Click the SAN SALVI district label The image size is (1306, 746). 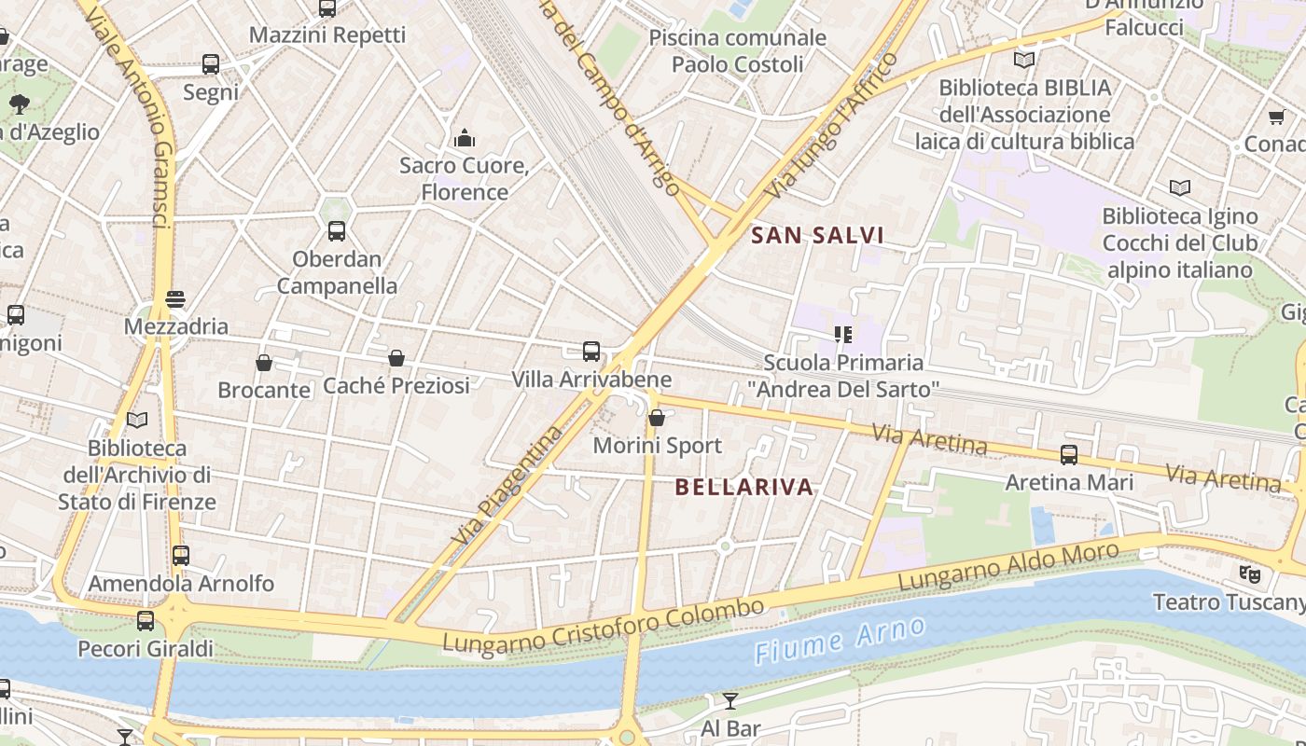(817, 235)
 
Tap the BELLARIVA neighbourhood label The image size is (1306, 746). (743, 487)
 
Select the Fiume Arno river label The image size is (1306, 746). (840, 641)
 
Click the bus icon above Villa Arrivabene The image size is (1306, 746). (591, 352)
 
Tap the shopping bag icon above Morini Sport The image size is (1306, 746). (657, 418)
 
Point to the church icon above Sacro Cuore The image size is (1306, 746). (465, 139)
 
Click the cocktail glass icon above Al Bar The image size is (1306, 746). (730, 700)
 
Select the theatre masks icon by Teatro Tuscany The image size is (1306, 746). (1249, 573)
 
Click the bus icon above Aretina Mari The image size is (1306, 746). (1069, 455)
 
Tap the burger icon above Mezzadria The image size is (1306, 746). (175, 299)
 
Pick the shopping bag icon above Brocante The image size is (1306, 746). (264, 363)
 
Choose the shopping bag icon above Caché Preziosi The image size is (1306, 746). (396, 358)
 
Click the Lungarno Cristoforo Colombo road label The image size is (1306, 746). (604, 626)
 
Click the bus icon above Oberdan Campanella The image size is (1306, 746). (337, 231)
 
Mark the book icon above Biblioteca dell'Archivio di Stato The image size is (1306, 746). (137, 421)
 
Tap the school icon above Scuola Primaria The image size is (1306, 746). (843, 334)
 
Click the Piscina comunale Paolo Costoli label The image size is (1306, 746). (737, 51)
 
